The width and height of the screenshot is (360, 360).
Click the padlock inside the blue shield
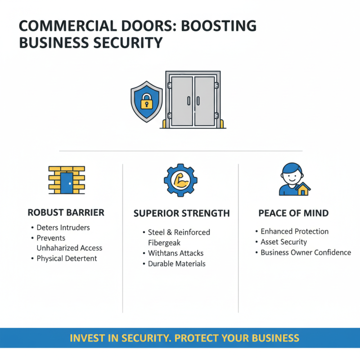coord(147,103)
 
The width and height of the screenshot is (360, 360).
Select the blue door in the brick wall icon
coord(67,183)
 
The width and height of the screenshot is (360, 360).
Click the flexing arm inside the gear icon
coord(180,180)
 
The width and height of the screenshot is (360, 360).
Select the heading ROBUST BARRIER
coord(66,213)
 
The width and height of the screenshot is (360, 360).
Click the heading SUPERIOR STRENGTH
coord(181,213)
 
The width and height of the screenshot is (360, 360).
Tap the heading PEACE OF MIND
coord(293,213)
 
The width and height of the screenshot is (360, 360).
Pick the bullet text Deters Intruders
coord(63,228)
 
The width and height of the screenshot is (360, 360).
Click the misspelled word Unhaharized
coord(57,248)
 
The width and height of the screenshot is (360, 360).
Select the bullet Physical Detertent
coord(67,259)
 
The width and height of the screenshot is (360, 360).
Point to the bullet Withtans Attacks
coord(175,253)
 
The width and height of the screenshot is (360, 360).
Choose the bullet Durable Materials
coord(176,264)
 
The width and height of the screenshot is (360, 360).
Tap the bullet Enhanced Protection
coord(294,232)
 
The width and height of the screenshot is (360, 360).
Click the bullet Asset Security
coord(283,242)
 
